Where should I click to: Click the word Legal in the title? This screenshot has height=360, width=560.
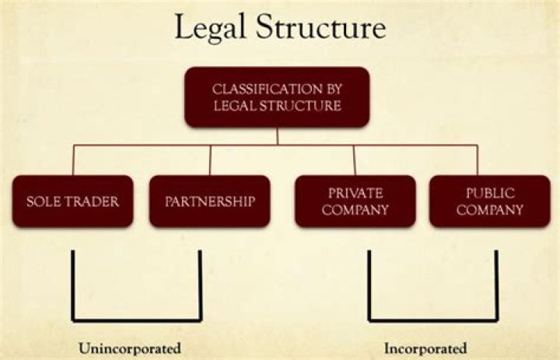[210, 29]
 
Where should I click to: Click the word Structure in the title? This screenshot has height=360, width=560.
[321, 26]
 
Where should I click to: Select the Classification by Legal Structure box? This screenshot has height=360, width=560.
[277, 97]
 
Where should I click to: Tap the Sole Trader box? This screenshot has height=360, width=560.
[73, 201]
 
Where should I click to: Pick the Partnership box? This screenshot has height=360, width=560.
[210, 201]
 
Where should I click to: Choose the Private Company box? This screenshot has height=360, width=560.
[355, 201]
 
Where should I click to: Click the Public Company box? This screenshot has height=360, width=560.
[490, 201]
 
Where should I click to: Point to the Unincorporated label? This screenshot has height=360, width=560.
[130, 348]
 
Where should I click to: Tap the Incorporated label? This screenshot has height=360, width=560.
[425, 348]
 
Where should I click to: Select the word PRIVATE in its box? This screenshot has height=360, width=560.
[355, 193]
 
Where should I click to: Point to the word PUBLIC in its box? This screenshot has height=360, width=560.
[490, 193]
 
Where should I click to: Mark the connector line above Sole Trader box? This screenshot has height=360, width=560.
[73, 160]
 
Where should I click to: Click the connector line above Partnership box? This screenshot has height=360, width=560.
[210, 160]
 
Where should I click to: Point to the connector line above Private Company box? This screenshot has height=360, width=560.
[355, 160]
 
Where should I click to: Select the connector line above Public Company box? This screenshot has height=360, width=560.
[478, 160]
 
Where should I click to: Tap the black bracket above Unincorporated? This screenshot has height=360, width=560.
[137, 320]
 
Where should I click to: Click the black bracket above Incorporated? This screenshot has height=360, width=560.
[433, 320]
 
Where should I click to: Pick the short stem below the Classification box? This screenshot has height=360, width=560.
[278, 136]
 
